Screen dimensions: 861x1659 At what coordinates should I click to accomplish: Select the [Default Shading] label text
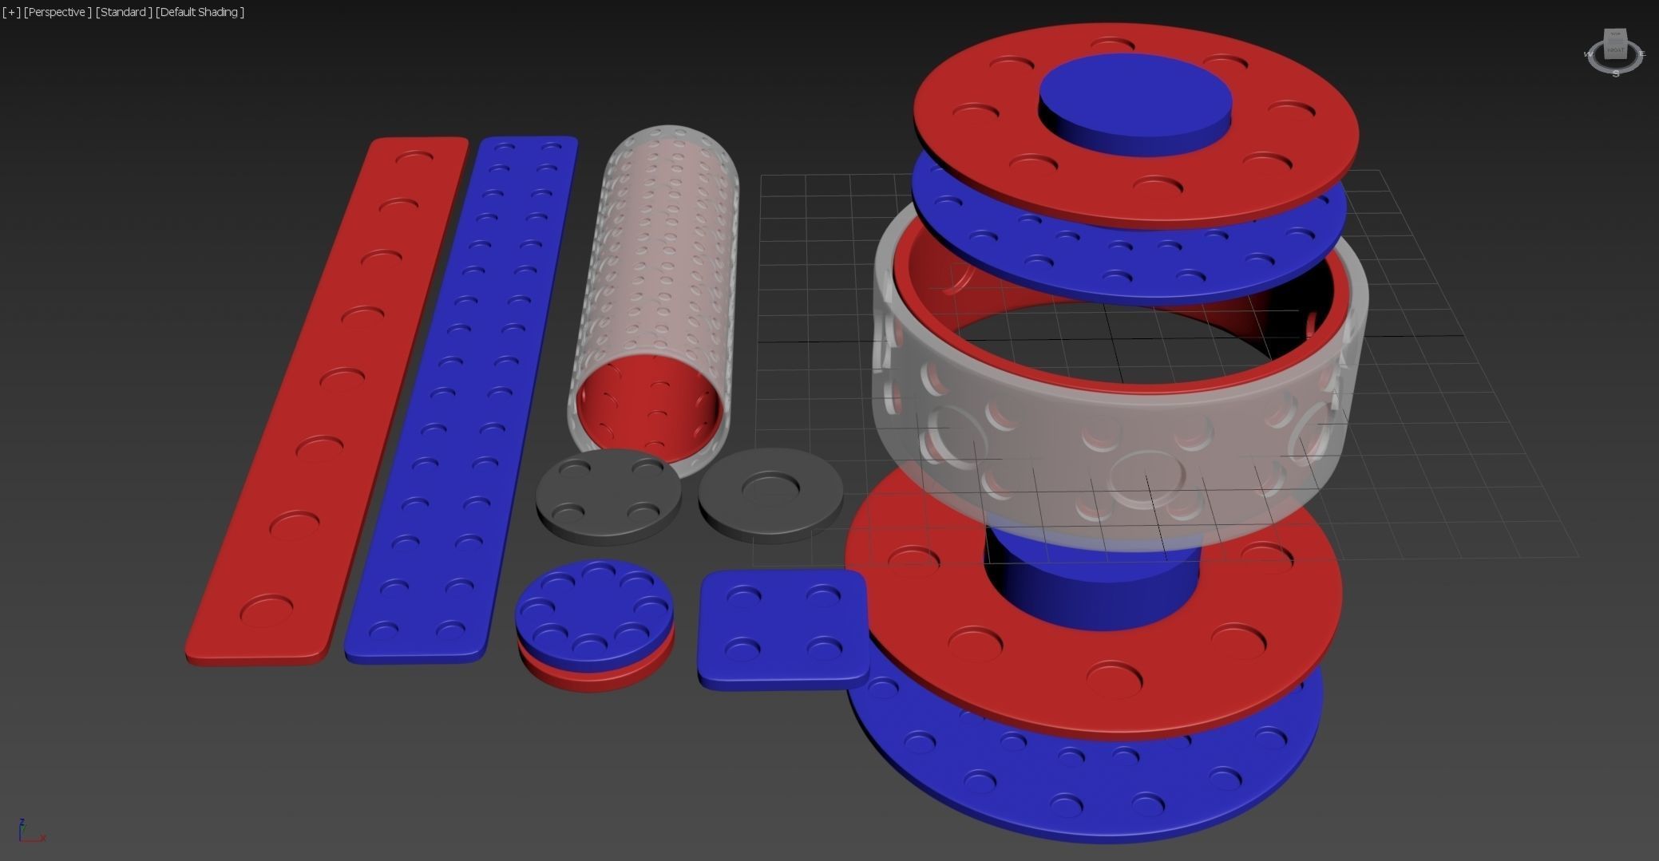tap(200, 12)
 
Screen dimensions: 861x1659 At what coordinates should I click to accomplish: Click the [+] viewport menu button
tap(11, 12)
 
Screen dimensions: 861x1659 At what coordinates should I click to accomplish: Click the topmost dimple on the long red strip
tap(414, 158)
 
